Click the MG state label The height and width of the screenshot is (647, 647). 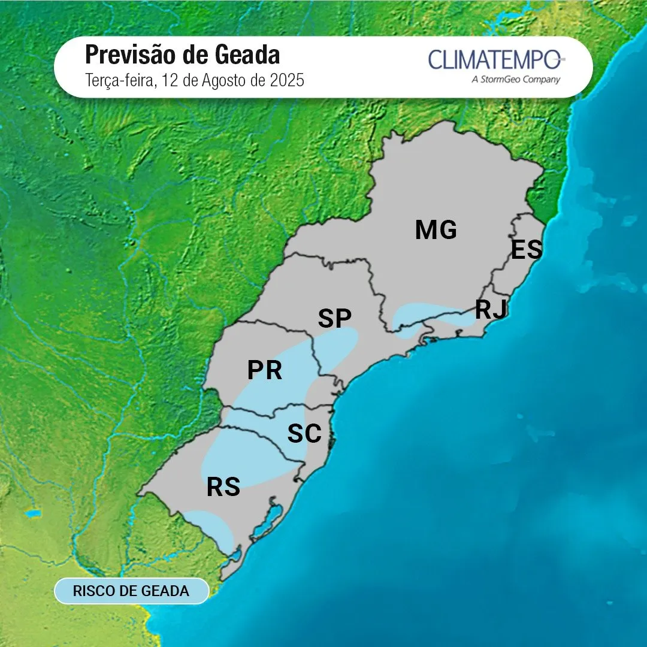(x=436, y=230)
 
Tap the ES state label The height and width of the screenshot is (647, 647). (x=526, y=250)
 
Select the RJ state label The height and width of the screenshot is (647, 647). (x=491, y=310)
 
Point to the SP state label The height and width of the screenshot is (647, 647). (x=334, y=319)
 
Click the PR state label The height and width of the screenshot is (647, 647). (x=265, y=371)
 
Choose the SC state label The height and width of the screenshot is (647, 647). (x=304, y=434)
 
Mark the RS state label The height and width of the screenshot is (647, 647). (x=223, y=488)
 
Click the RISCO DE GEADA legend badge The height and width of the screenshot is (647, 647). (x=131, y=591)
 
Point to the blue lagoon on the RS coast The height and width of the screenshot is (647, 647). (x=268, y=521)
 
